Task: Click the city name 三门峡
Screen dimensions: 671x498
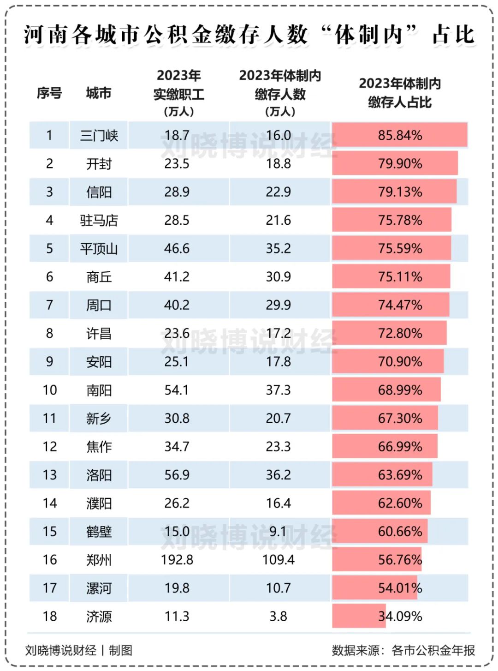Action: tap(99, 135)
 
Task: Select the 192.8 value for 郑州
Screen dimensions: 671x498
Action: tap(177, 560)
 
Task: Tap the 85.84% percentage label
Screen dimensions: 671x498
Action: tap(400, 135)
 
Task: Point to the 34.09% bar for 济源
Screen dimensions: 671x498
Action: tap(359, 616)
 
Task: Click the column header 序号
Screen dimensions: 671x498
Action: tap(49, 93)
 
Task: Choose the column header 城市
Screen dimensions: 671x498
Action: tap(99, 93)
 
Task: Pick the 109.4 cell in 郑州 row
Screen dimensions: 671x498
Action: tap(279, 560)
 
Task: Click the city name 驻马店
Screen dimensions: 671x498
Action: tap(99, 220)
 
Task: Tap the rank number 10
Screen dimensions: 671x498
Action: tap(50, 390)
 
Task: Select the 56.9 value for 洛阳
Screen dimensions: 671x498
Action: tap(177, 475)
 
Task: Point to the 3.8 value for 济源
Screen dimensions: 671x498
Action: tap(278, 616)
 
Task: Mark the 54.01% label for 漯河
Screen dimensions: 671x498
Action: tap(400, 588)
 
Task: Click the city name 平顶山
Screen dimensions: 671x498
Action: tap(99, 249)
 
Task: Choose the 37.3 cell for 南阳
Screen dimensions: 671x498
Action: tap(278, 390)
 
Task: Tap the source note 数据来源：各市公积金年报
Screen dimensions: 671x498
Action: tap(403, 650)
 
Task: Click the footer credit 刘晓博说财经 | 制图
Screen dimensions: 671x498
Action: tap(79, 650)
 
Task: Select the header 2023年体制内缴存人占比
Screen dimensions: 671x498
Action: tap(400, 93)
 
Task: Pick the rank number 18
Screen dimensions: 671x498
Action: tap(50, 616)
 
